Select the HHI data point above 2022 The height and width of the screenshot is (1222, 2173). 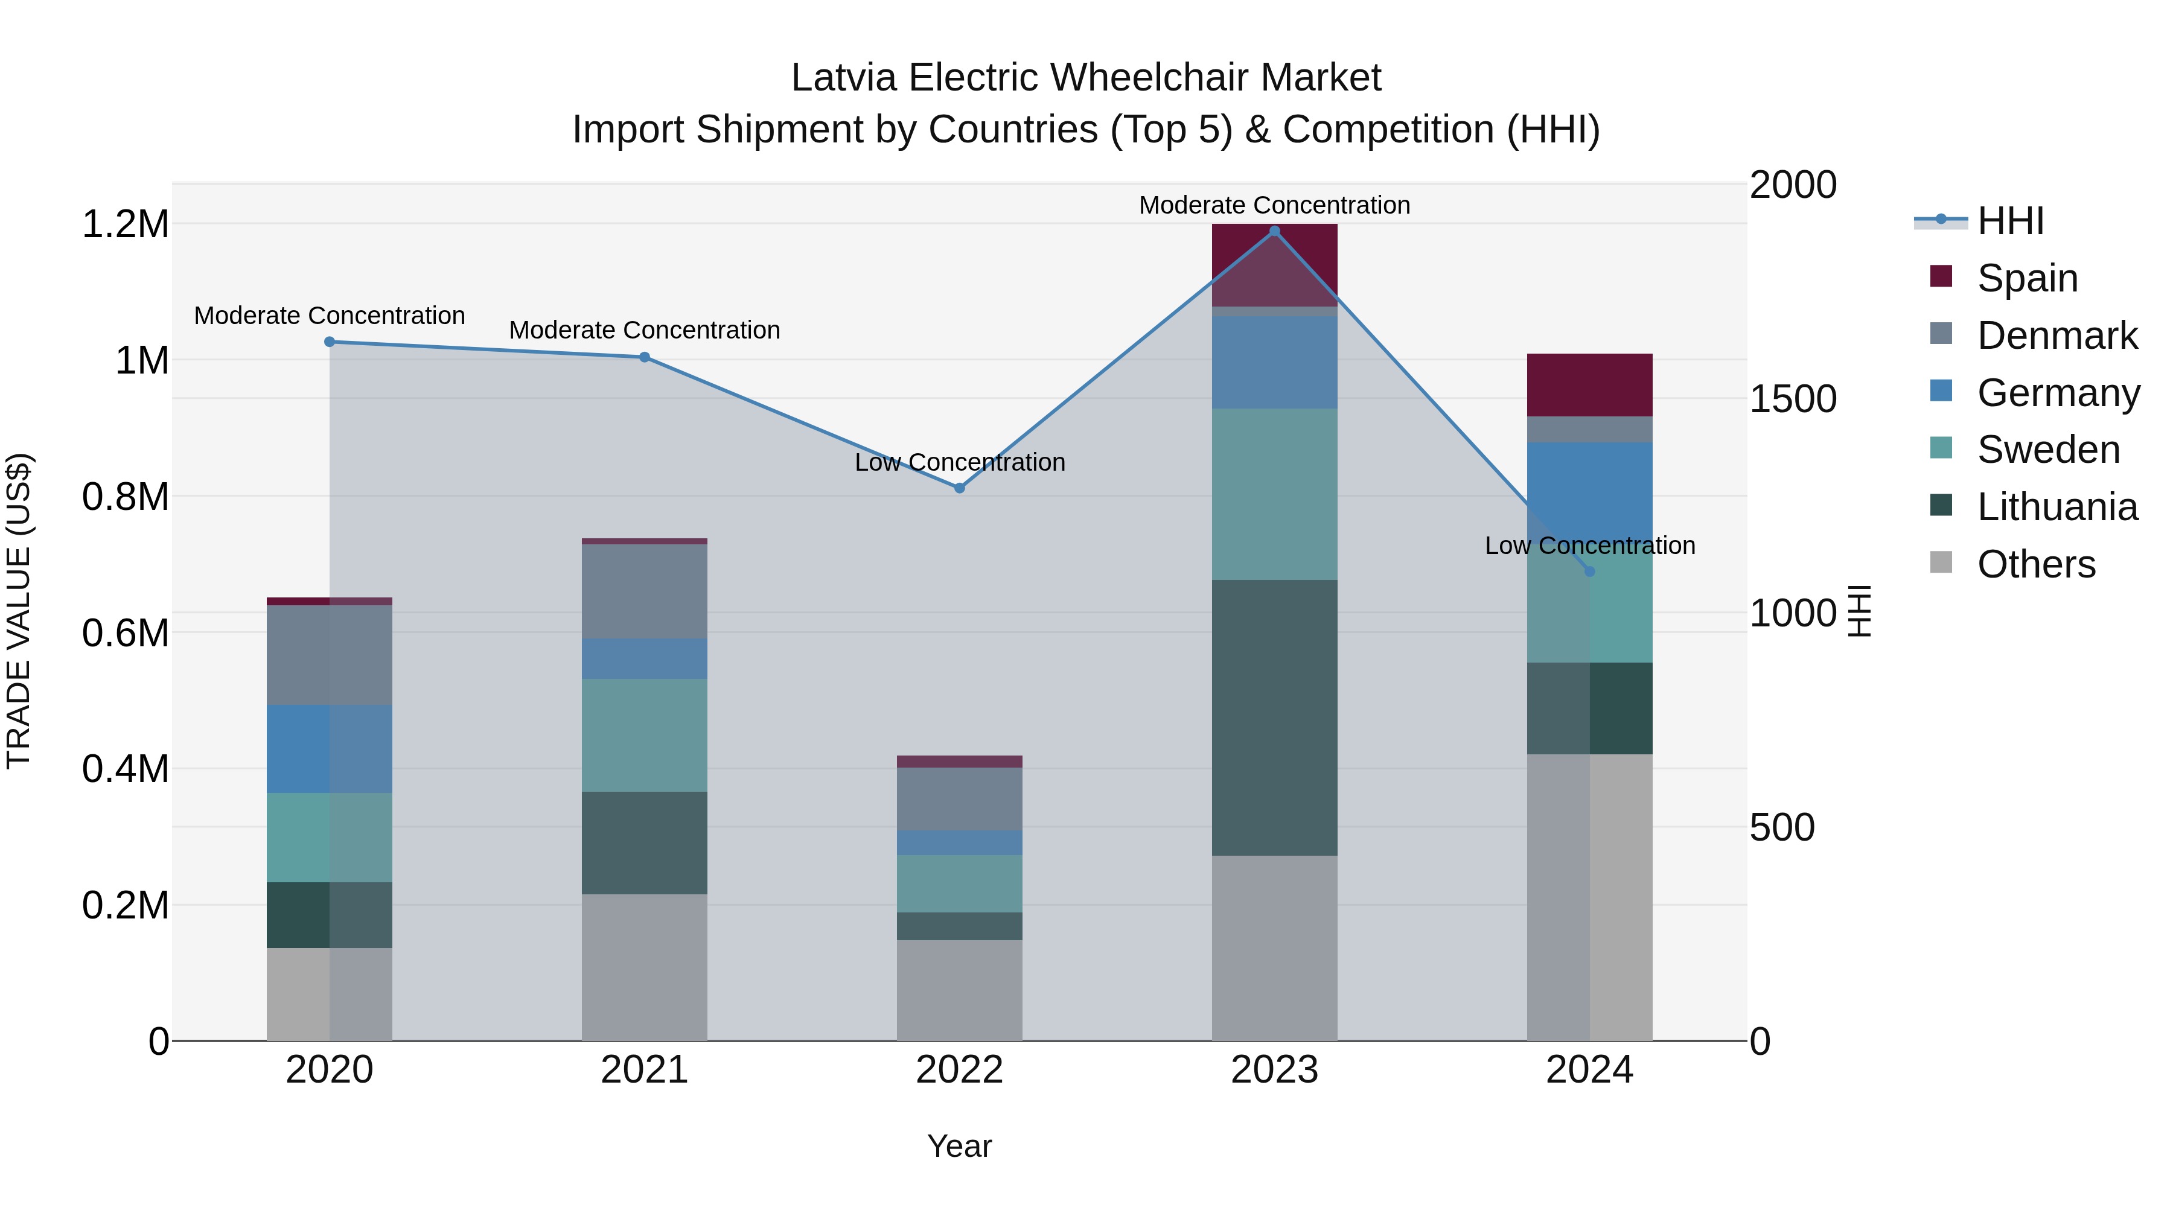(959, 488)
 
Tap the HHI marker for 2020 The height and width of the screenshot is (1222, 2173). (330, 342)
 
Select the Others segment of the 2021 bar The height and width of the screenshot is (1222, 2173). (645, 967)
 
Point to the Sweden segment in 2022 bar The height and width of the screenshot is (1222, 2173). (959, 883)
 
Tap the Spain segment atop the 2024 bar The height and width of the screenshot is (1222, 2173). (1589, 384)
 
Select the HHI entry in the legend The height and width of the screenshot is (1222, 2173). (2009, 221)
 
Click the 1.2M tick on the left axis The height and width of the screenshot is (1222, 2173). (126, 224)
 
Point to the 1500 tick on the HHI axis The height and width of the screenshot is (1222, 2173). (1793, 399)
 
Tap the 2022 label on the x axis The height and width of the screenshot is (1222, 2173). (959, 1070)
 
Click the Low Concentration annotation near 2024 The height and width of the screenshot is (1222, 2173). (1589, 546)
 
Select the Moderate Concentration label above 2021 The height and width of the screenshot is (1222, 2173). (645, 329)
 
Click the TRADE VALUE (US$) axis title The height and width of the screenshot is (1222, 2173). (19, 611)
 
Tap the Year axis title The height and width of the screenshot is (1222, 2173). (959, 1146)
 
